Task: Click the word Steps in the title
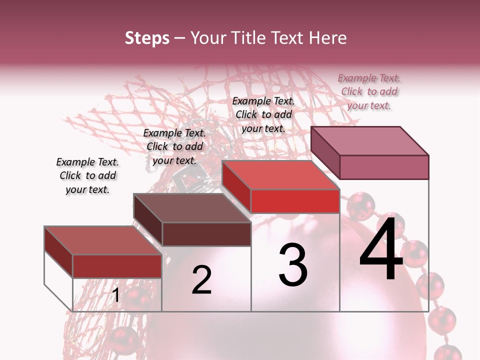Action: tap(147, 38)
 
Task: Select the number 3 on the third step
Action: tap(293, 265)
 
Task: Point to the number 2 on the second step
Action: tap(201, 280)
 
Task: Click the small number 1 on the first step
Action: tap(116, 295)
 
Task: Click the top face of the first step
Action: tap(102, 240)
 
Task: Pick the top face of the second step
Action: tap(192, 208)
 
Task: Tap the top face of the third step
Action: tap(281, 175)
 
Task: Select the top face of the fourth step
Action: tap(370, 141)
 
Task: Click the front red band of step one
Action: tap(117, 266)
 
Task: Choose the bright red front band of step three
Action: tap(295, 201)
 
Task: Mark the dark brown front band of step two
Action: tap(206, 234)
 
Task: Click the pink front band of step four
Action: tap(384, 167)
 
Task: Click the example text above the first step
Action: tap(87, 175)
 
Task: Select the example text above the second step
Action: tap(174, 146)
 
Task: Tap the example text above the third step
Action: tap(263, 114)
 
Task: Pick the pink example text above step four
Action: tap(369, 91)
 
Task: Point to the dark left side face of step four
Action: tap(325, 152)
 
